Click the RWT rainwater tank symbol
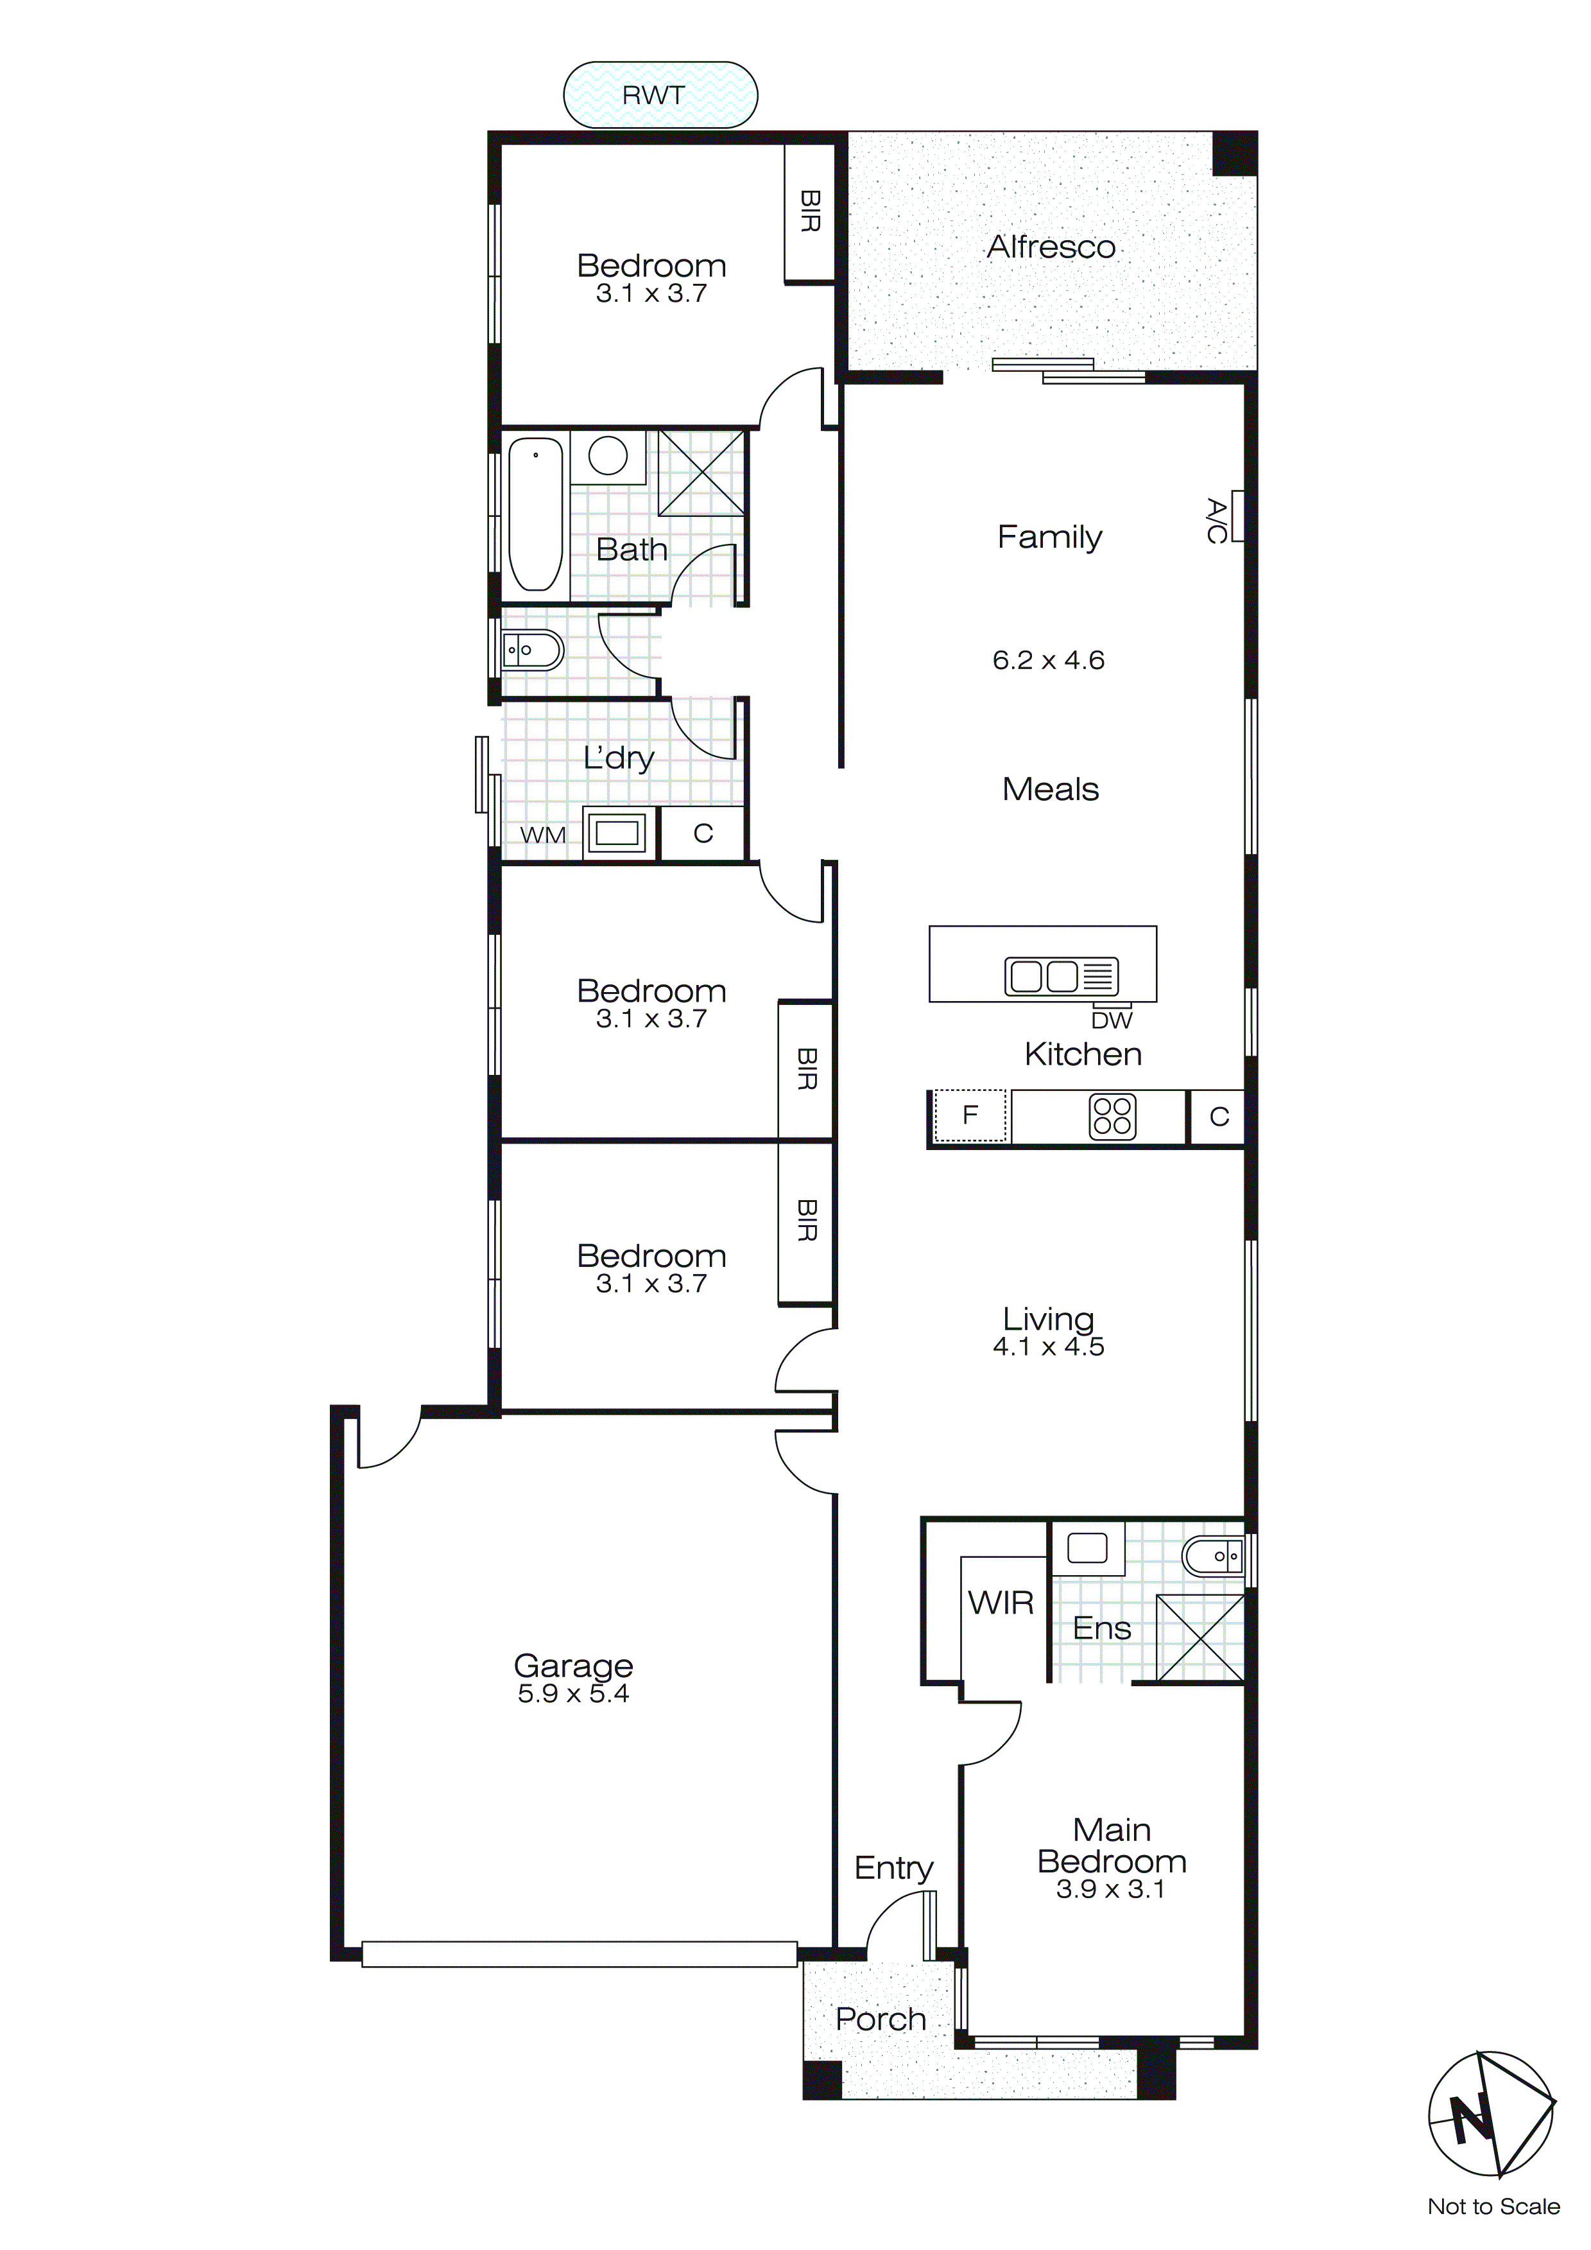click(659, 95)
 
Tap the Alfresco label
click(1050, 247)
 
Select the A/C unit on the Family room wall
click(1236, 516)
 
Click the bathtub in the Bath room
click(535, 514)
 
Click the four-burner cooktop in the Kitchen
click(1112, 1116)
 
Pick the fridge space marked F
click(970, 1115)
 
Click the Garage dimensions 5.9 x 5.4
click(573, 1695)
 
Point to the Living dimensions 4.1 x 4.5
click(1047, 1347)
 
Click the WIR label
click(1001, 1603)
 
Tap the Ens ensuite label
click(1101, 1628)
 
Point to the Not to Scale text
click(1493, 2207)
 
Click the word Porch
click(880, 2019)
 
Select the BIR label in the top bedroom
click(809, 212)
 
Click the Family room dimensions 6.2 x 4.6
click(1047, 661)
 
